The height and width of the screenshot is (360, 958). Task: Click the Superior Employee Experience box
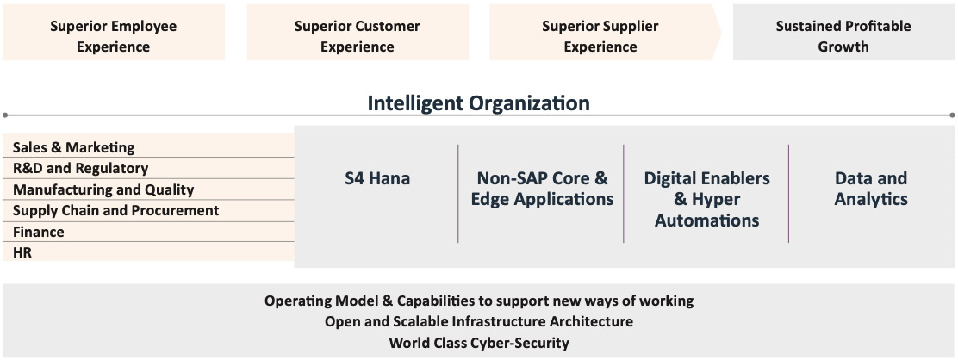click(x=114, y=33)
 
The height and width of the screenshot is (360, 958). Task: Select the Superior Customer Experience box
click(x=358, y=33)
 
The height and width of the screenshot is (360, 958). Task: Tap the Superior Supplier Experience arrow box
click(x=605, y=33)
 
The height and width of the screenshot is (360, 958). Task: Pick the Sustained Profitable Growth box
click(x=843, y=33)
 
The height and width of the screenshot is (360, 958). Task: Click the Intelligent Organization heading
click(x=478, y=102)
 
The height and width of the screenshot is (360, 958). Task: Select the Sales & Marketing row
click(x=148, y=147)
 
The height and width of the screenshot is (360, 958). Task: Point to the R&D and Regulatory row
click(x=148, y=168)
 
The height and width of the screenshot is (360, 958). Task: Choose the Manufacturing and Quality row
click(x=148, y=189)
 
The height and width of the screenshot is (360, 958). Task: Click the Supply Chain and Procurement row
click(x=148, y=210)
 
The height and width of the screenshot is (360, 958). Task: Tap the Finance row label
click(x=39, y=232)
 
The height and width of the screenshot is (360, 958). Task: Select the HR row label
click(x=22, y=251)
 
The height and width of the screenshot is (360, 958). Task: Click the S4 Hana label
click(x=377, y=178)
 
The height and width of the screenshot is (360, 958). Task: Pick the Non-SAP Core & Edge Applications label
click(x=542, y=189)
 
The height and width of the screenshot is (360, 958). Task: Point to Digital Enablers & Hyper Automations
click(x=707, y=199)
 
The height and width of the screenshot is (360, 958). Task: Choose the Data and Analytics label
click(x=871, y=189)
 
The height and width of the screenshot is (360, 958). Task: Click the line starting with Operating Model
click(x=479, y=301)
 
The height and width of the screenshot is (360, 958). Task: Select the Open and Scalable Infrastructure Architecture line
click(x=479, y=321)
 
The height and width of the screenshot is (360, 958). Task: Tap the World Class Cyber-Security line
click(x=479, y=343)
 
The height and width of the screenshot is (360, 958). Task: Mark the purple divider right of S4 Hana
click(x=458, y=194)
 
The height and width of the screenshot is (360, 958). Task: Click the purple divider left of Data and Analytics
click(x=789, y=194)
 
